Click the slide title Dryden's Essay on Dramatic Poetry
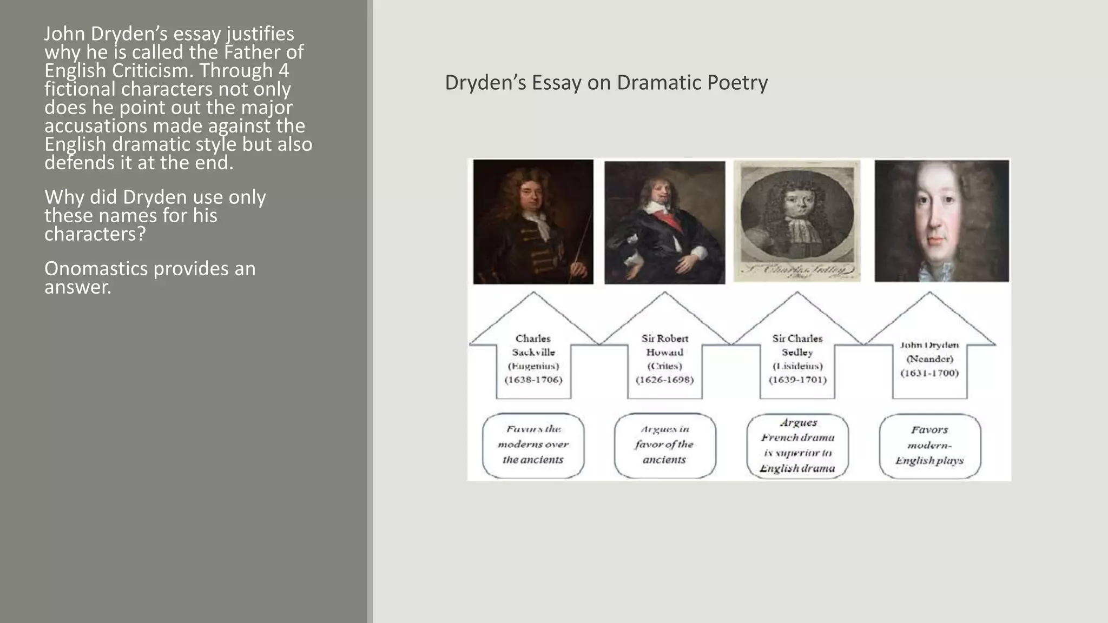(x=606, y=83)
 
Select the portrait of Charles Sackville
(x=533, y=221)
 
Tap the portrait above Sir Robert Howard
(x=664, y=222)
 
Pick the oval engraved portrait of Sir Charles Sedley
(x=797, y=216)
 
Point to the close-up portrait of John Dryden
(x=941, y=221)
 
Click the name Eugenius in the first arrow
(x=533, y=366)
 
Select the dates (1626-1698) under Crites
(x=664, y=380)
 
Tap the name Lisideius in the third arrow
(x=797, y=366)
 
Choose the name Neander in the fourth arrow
(x=929, y=359)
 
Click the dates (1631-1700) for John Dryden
(x=929, y=373)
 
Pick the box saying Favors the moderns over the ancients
(x=533, y=445)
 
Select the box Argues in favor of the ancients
(x=664, y=445)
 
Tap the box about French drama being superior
(x=797, y=446)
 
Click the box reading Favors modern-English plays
(x=929, y=446)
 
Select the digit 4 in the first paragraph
(x=283, y=71)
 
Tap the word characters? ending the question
(x=95, y=234)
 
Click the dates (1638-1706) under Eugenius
(x=533, y=380)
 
